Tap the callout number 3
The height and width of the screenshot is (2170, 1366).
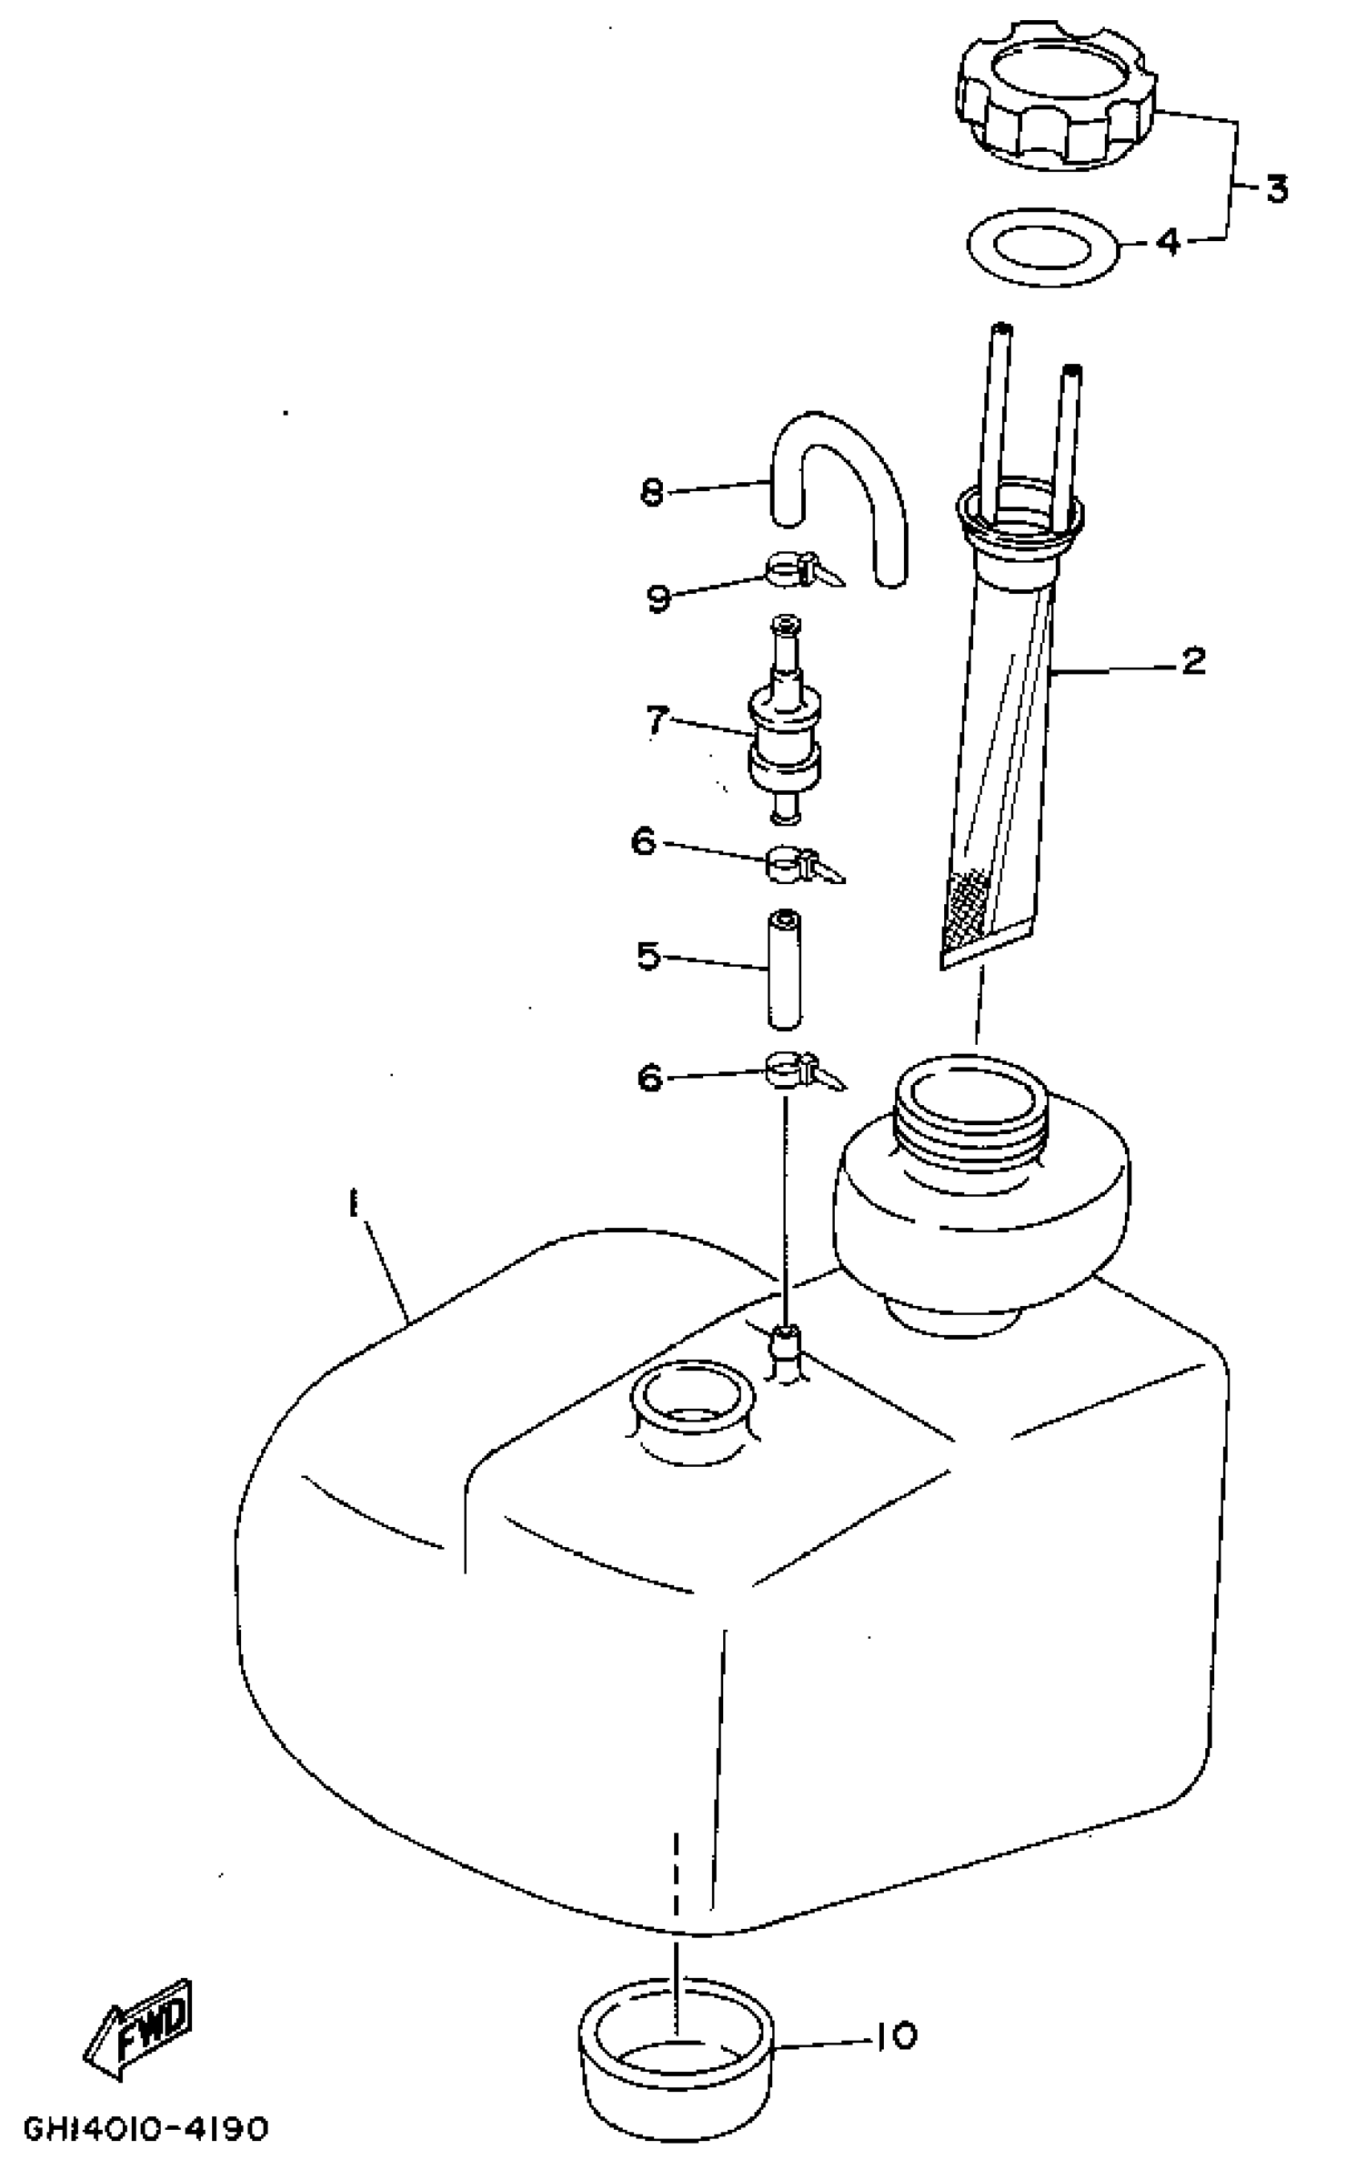[1276, 189]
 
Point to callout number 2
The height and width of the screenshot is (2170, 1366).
[1192, 662]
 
